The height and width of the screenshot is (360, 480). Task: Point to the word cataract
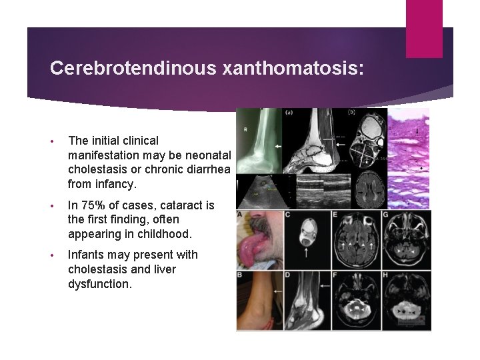pyautogui.click(x=180, y=205)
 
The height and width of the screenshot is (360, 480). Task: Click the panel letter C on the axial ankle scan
pyautogui.click(x=287, y=214)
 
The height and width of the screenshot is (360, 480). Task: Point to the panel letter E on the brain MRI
pyautogui.click(x=335, y=214)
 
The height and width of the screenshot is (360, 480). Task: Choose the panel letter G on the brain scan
pyautogui.click(x=385, y=214)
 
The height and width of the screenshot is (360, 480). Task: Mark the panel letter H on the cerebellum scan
pyautogui.click(x=385, y=275)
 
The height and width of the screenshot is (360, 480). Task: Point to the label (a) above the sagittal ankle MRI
pyautogui.click(x=289, y=113)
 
